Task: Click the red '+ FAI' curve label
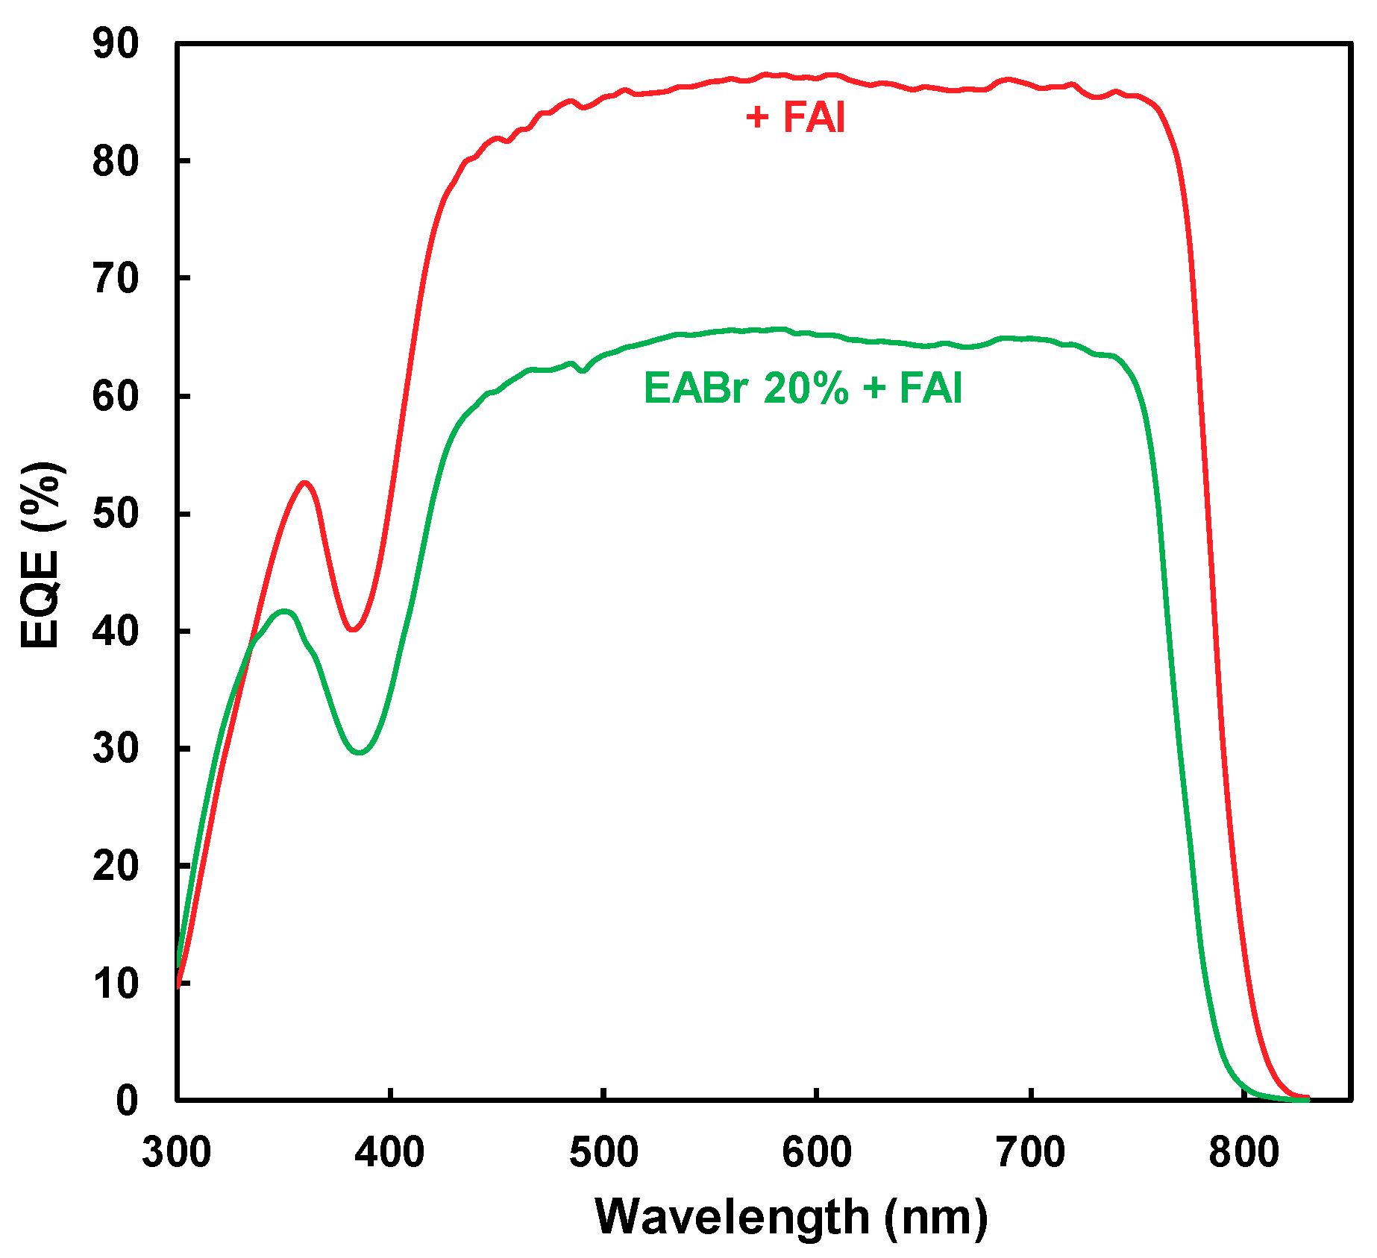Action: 796,118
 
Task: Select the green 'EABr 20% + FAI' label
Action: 803,388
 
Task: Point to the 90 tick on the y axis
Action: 116,44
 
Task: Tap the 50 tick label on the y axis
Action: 116,514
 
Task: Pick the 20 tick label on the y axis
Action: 116,866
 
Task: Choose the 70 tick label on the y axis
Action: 116,279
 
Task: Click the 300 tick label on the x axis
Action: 177,1151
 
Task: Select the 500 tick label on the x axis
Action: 603,1151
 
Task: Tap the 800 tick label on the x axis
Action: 1243,1151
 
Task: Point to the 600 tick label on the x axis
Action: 817,1151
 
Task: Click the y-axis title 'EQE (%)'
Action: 41,556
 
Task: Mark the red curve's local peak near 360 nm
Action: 304,483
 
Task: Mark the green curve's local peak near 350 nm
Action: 284,611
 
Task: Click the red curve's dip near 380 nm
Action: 353,629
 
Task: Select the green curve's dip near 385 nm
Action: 360,752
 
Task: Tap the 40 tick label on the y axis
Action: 116,632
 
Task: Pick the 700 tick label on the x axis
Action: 1030,1151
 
